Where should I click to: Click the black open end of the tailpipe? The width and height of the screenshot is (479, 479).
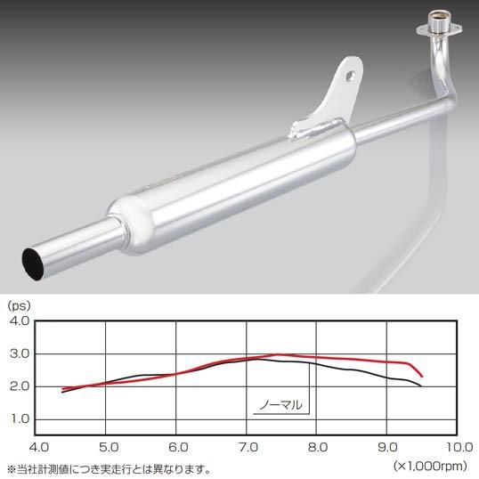click(x=33, y=264)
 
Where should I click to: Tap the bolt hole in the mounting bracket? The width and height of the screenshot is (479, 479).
click(x=351, y=77)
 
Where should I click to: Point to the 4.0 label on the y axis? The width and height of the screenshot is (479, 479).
click(x=20, y=321)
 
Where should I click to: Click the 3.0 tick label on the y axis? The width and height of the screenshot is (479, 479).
click(x=20, y=354)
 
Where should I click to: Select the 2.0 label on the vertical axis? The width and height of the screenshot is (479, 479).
click(x=20, y=386)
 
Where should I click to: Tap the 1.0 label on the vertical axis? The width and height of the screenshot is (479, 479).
click(x=20, y=419)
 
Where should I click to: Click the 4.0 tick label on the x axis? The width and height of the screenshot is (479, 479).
click(x=39, y=448)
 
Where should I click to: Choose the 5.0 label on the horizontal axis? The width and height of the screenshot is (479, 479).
click(x=109, y=448)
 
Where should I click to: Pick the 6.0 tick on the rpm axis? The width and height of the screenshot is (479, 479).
click(x=179, y=448)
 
